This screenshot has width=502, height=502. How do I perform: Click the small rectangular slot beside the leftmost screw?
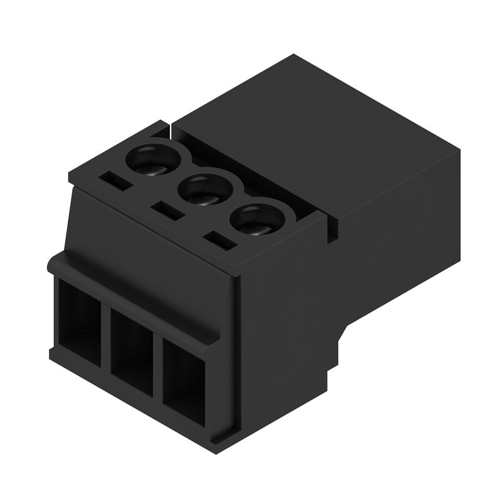[115, 180]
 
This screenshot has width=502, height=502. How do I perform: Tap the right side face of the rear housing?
[402, 251]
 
